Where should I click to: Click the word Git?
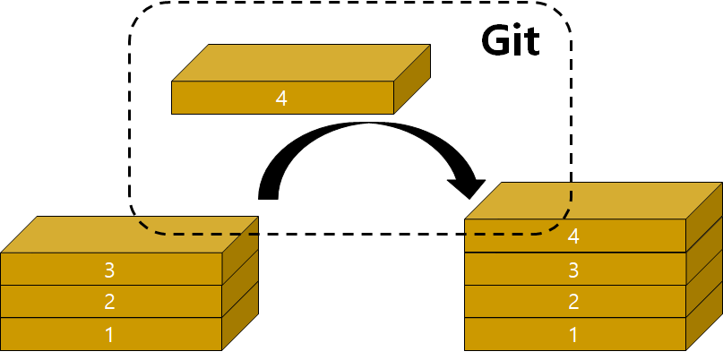coord(511,40)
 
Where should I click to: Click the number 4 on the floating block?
coord(281,99)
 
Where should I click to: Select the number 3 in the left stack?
coord(109,269)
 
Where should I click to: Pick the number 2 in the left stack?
coord(109,302)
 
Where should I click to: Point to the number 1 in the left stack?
coord(109,335)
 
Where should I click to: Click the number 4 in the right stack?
coord(573,236)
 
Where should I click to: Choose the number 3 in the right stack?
coord(573,269)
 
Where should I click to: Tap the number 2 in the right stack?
coord(573,302)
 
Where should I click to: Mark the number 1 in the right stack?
coord(573,335)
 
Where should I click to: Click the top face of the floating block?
coord(300,62)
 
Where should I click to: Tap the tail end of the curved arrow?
coord(269,192)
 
